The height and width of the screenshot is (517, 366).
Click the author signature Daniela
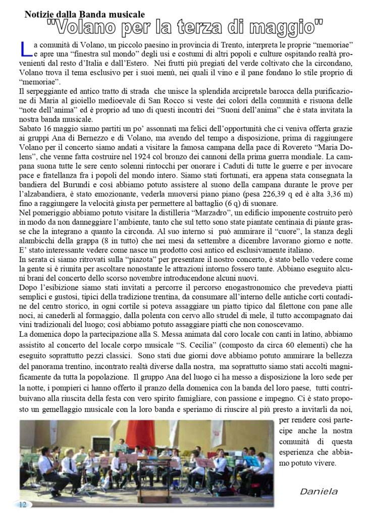point(318,491)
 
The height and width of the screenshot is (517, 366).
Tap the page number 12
point(22,504)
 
